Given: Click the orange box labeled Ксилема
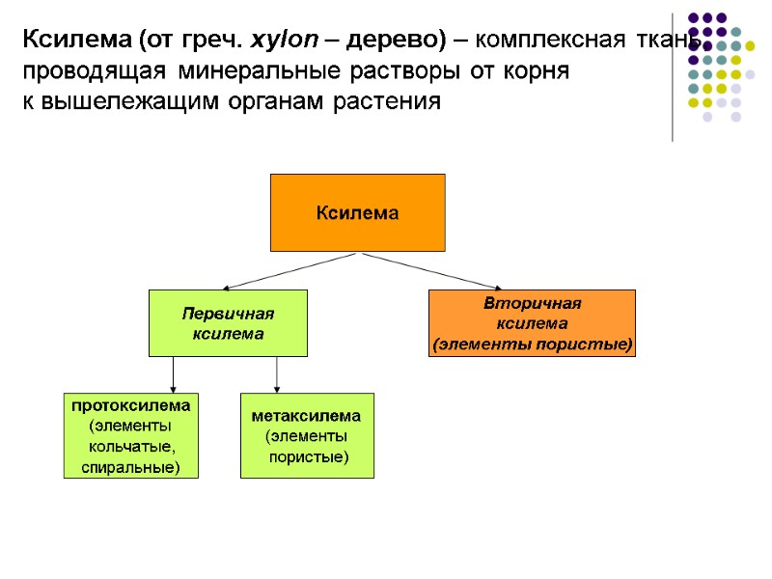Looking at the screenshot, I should tap(357, 212).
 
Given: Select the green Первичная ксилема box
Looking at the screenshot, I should tap(228, 323).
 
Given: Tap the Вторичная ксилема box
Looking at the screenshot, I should tap(532, 323).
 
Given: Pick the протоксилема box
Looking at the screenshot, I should tap(130, 435).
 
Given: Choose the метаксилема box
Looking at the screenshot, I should tap(306, 435).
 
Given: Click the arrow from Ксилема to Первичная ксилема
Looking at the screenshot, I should tap(289, 271).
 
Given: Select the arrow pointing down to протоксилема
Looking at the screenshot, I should tap(173, 373).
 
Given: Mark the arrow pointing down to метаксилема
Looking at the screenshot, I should tap(277, 373).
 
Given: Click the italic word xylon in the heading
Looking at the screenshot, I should tap(279, 41).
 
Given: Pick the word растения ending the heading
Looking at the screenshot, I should tap(391, 102).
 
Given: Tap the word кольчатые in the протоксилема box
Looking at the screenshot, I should tap(131, 447).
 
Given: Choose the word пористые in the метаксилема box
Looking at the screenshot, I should tap(308, 456).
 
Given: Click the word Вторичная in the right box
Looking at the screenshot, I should tap(532, 304).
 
